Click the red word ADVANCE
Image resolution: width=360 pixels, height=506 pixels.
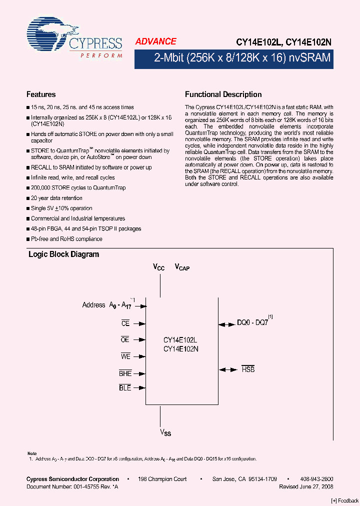155,42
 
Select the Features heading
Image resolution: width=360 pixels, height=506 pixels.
41,94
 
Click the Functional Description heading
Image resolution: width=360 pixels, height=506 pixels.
223,94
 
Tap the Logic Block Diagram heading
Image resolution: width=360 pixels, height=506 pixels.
63,254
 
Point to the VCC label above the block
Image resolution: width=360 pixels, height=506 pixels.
158,267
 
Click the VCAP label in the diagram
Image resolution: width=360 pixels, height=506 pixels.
182,267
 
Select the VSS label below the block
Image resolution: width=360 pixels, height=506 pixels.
165,432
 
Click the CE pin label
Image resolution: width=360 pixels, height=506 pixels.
125,323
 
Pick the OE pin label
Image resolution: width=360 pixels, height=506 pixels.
125,339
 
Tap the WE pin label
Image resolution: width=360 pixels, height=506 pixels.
125,356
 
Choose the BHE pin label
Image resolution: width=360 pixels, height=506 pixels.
125,373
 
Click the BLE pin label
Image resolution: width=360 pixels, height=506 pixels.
125,387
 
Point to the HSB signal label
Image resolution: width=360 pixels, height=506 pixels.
248,369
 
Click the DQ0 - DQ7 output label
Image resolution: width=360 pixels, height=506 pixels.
252,323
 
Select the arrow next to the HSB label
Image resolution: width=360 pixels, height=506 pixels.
227,369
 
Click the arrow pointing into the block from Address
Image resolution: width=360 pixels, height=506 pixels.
142,304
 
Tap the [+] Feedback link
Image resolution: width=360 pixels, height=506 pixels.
345,500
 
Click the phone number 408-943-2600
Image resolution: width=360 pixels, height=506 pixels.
317,479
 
